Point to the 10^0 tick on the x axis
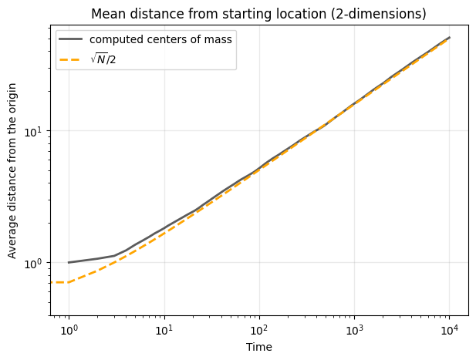tap(69, 331)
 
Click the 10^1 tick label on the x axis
tap(164, 331)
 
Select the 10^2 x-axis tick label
tap(259, 331)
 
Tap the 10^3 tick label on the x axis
tap(354, 331)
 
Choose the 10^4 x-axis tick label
tap(449, 331)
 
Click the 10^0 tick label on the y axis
tap(36, 263)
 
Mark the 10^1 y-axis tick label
tap(36, 131)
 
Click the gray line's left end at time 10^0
tap(69, 262)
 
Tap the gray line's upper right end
tap(450, 37)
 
